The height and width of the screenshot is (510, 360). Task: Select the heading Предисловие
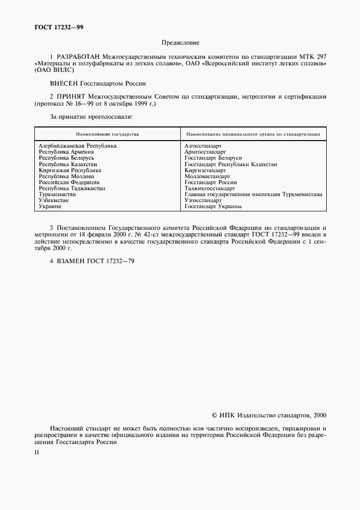180,42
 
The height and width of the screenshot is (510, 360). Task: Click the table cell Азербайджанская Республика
78,146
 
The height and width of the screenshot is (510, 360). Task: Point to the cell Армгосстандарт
205,152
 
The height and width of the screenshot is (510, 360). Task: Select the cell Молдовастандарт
208,177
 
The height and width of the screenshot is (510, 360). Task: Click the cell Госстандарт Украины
213,207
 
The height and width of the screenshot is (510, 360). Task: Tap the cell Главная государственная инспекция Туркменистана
253,195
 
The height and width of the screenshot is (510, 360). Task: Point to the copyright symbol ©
215,415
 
